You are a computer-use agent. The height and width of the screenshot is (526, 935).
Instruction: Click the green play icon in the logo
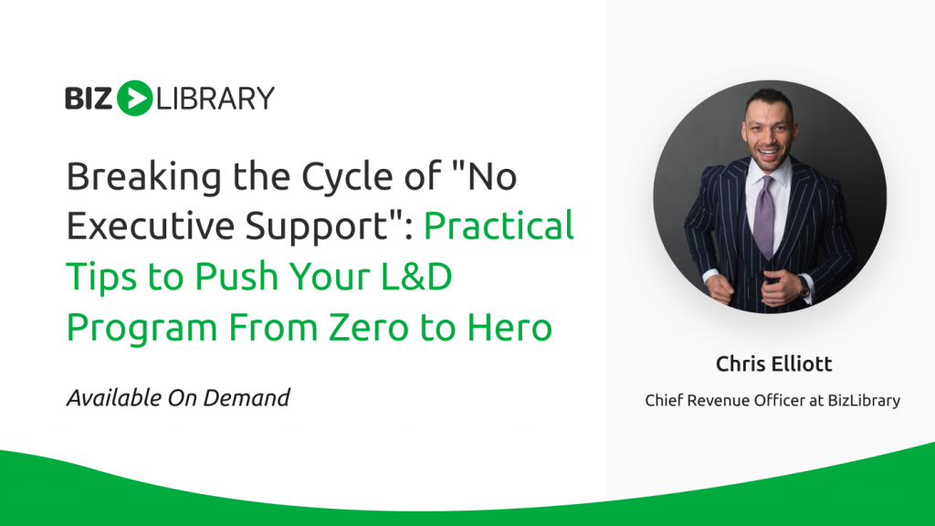[x=135, y=98]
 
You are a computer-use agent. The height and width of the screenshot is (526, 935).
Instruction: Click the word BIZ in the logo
[x=89, y=99]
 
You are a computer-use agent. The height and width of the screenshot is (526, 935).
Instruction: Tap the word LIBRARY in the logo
[x=215, y=99]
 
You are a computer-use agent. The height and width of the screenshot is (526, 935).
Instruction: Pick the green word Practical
[x=499, y=226]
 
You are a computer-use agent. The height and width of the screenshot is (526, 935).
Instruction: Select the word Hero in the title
[x=510, y=328]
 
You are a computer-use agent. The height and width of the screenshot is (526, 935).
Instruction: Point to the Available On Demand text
[x=178, y=398]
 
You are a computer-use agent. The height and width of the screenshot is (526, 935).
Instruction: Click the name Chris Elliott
[x=773, y=363]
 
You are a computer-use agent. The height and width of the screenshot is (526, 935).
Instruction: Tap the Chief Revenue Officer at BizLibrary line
[x=772, y=400]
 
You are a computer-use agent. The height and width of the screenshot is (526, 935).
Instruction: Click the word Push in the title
[x=236, y=276]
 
